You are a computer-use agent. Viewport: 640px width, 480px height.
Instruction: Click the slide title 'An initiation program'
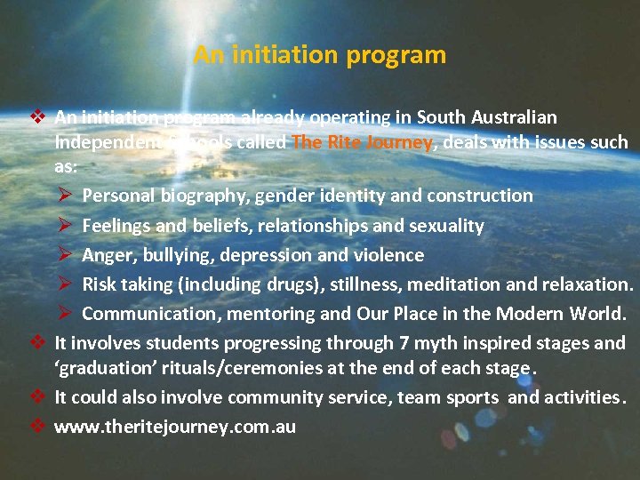[319, 55]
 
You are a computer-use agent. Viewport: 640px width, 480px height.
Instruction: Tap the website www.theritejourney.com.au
[175, 427]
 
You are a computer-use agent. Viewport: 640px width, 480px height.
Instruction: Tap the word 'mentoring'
[269, 314]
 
